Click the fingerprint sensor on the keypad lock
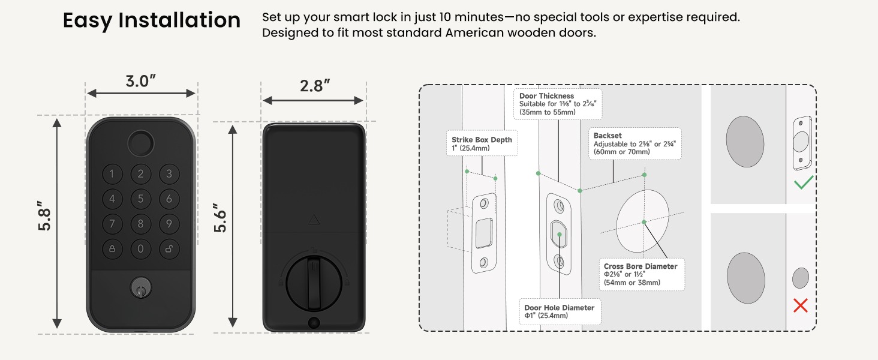141,143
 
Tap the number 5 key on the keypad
141,199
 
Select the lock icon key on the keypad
113,248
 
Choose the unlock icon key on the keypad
169,248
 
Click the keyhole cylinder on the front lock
140,288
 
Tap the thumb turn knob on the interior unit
314,283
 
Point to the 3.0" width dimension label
141,81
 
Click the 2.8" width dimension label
315,86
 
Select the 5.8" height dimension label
45,216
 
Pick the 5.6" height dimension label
220,218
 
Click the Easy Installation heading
152,20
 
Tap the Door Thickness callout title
546,96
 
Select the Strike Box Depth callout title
482,140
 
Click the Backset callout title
608,136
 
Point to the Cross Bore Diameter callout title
641,266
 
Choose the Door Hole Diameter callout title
560,308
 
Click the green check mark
804,183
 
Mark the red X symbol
801,305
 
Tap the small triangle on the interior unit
314,220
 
